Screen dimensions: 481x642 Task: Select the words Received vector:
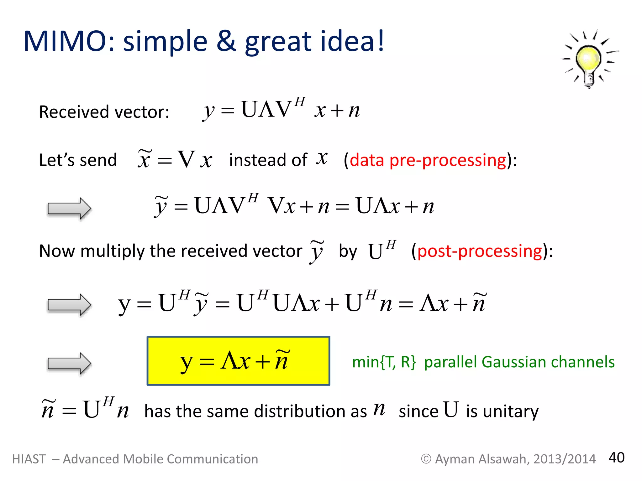[x=104, y=112]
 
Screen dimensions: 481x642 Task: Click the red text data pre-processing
[x=428, y=160]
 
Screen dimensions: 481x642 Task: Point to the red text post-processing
[x=480, y=251]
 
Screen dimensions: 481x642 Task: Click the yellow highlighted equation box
[x=238, y=361]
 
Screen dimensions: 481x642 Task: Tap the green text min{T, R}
[x=384, y=362]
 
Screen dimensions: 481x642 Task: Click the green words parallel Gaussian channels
[x=519, y=362]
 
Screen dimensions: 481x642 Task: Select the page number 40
[x=616, y=458]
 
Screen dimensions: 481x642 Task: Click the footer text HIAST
[x=29, y=459]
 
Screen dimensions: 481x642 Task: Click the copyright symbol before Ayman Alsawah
[x=426, y=459]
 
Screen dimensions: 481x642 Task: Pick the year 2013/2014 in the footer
[x=564, y=459]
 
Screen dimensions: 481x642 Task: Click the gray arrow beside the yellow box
[x=69, y=364]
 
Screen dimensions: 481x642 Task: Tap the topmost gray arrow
[x=69, y=208]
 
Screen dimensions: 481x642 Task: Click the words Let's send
[x=78, y=160]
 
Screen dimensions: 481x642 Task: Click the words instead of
[x=268, y=160]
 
